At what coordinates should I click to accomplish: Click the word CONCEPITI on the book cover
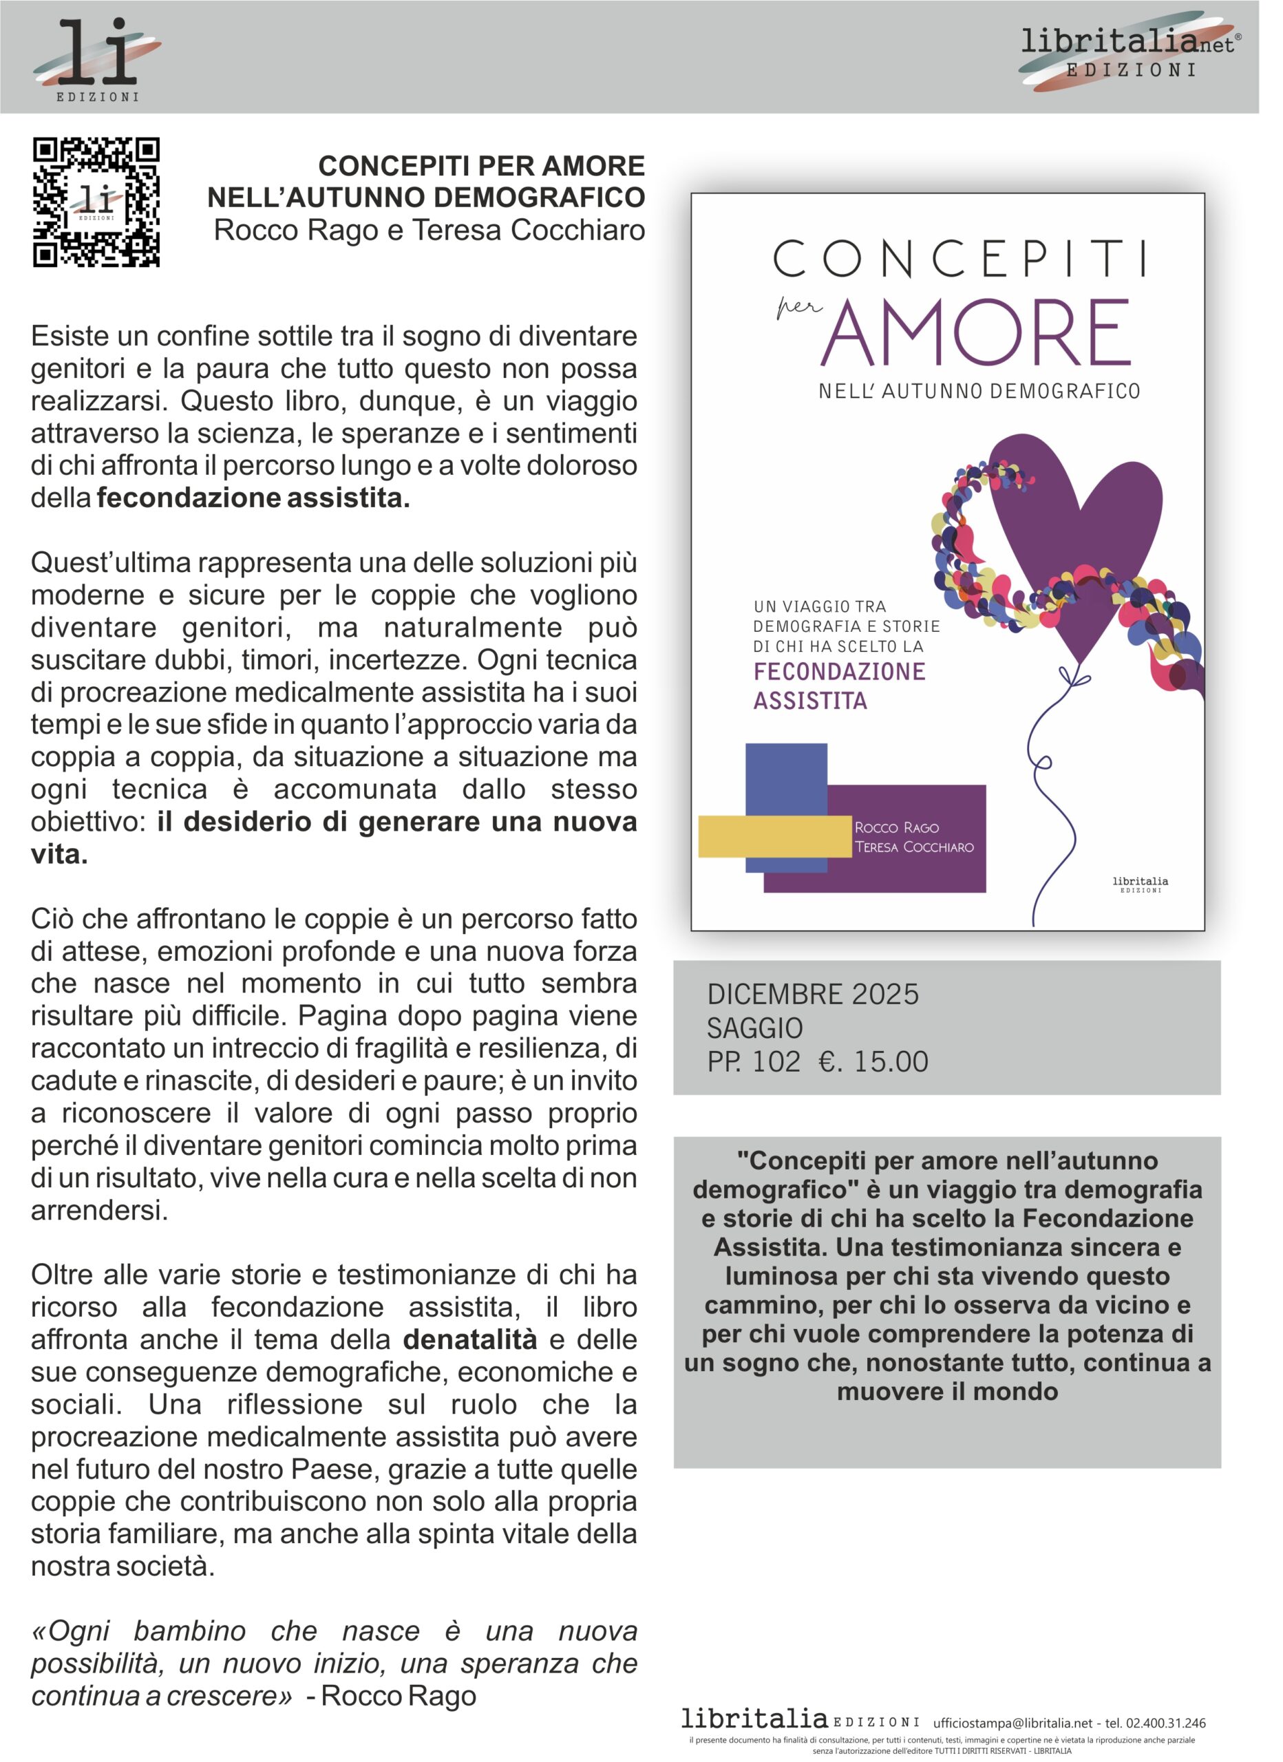point(959,259)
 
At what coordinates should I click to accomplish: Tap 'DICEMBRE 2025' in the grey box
point(813,995)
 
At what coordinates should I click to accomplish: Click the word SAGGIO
point(754,1028)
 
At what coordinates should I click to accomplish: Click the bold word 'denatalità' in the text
point(470,1339)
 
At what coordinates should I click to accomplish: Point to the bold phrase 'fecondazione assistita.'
point(253,497)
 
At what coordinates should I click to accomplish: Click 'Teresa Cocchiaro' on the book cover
point(914,847)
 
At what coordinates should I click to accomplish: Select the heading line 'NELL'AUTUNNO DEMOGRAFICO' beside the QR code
point(426,198)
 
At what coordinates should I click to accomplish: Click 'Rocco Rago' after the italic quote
point(399,1695)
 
